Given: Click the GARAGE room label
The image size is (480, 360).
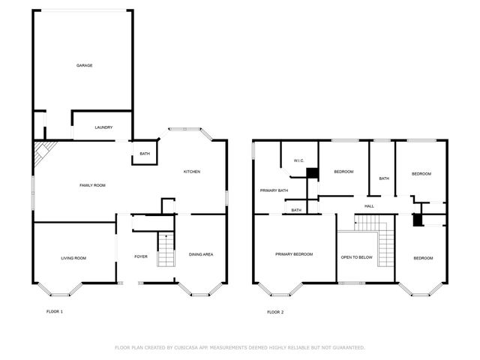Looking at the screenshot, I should (84, 65).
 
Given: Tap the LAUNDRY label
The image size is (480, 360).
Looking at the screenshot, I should (103, 127).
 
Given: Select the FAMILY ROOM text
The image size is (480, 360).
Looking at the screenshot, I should (92, 184).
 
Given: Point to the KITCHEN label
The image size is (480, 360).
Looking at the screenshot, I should (192, 172).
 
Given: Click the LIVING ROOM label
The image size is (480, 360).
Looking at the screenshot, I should (73, 258).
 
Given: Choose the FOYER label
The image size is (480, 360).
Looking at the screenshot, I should (141, 256).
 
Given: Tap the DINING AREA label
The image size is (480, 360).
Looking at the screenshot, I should (200, 254).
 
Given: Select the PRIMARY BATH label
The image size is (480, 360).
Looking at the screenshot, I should (274, 190).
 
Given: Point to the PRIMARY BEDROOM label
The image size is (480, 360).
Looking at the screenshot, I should (293, 254).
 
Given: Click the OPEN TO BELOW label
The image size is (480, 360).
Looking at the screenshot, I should (356, 257).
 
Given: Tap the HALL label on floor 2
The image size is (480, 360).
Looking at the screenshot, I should (369, 206).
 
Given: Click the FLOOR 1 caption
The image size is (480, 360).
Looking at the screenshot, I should (55, 311).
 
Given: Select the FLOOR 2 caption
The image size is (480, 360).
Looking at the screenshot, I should (275, 311).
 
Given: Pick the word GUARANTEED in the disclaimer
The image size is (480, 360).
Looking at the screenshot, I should (346, 347).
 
